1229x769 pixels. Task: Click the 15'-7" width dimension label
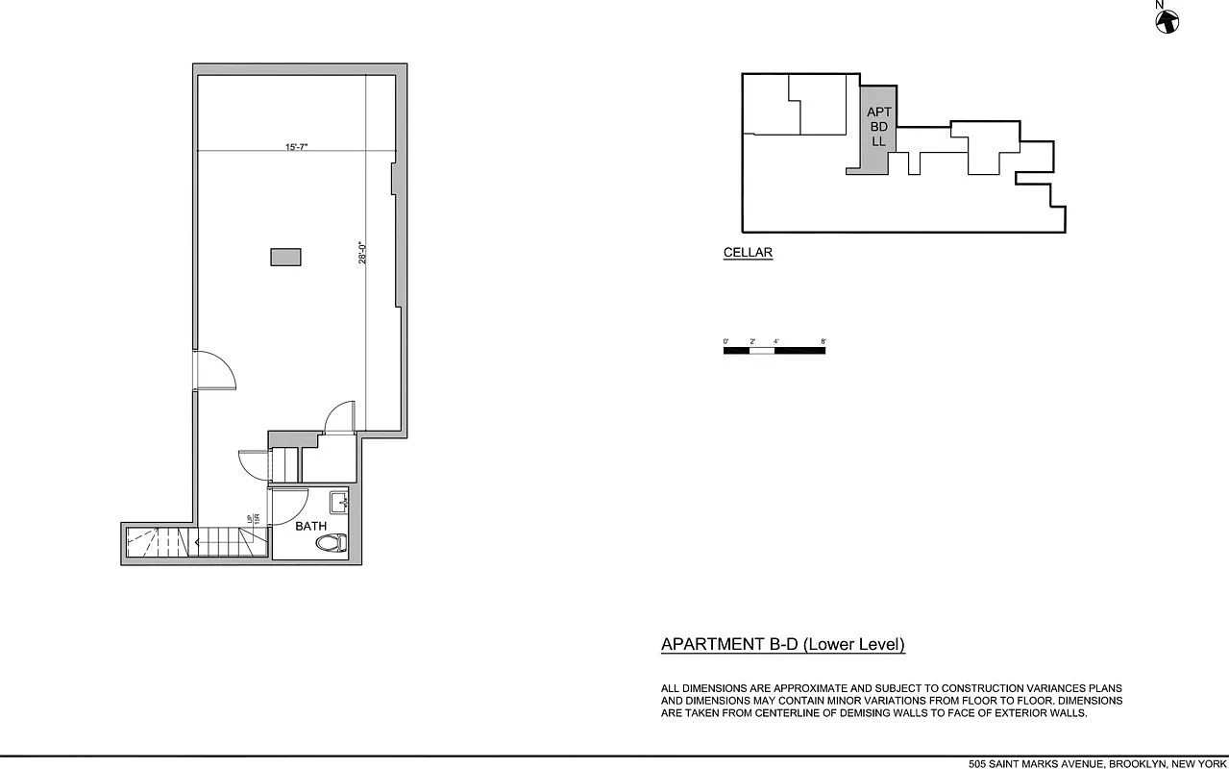point(296,147)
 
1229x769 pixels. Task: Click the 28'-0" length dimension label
point(364,252)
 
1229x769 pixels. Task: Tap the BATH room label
point(310,526)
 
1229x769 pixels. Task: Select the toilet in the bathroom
point(332,543)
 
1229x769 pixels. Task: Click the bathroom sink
point(339,502)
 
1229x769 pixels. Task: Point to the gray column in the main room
point(285,257)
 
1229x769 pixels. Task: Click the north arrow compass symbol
point(1168,20)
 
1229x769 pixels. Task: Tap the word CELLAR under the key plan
point(748,254)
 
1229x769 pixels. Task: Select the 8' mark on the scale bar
point(823,341)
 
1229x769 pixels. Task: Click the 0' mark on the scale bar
point(726,341)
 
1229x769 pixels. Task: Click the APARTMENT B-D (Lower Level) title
point(782,645)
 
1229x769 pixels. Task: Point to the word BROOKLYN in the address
point(1138,764)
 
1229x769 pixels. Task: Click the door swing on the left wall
point(215,371)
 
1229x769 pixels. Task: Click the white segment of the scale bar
point(762,350)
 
